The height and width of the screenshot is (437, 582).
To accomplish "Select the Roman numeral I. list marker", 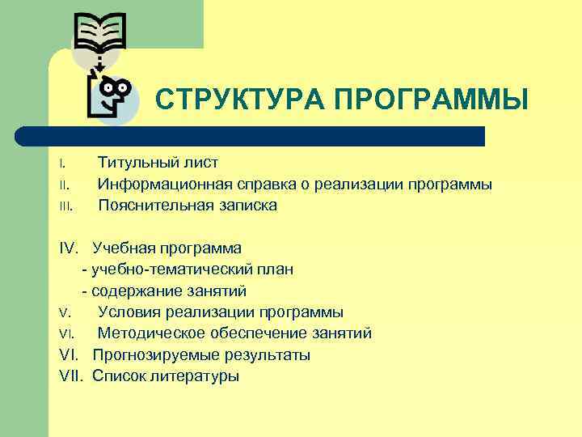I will click(x=62, y=163).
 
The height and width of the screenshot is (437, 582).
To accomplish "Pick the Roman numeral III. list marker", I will click(x=66, y=206).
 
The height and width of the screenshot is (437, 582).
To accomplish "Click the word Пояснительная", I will click(x=153, y=205).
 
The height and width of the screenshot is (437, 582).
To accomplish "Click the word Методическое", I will click(x=151, y=333).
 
